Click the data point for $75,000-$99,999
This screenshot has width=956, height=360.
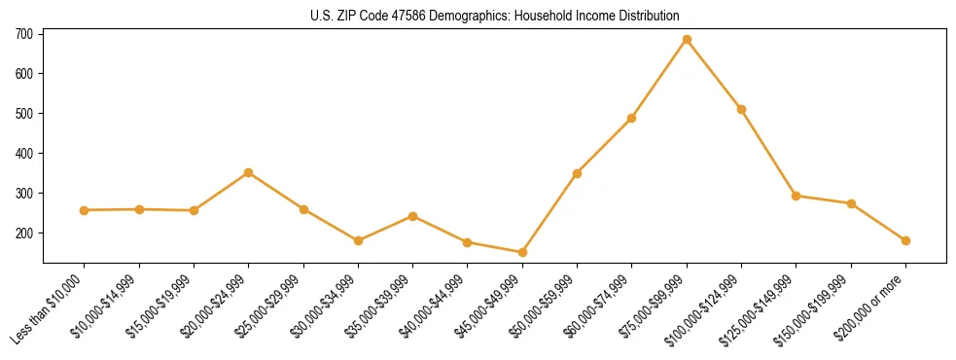[687, 40]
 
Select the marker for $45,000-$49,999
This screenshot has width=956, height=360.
[522, 253]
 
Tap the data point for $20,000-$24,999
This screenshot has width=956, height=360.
[249, 173]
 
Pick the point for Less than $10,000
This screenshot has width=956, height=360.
[85, 210]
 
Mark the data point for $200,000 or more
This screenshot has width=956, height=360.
[905, 240]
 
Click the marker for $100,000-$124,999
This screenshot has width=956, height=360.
[741, 110]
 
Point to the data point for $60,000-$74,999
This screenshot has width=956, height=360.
[632, 119]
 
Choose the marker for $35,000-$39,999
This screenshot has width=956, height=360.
[413, 216]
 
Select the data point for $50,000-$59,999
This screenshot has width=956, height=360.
[578, 173]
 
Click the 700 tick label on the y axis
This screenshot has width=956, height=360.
[24, 34]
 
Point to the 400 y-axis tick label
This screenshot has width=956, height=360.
[24, 154]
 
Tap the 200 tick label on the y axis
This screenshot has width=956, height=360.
[24, 234]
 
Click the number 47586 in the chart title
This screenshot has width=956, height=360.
[410, 17]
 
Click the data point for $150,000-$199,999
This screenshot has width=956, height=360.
[851, 203]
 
